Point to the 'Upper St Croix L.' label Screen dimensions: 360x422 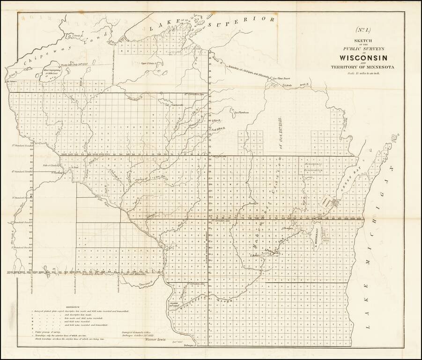click(x=151, y=63)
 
